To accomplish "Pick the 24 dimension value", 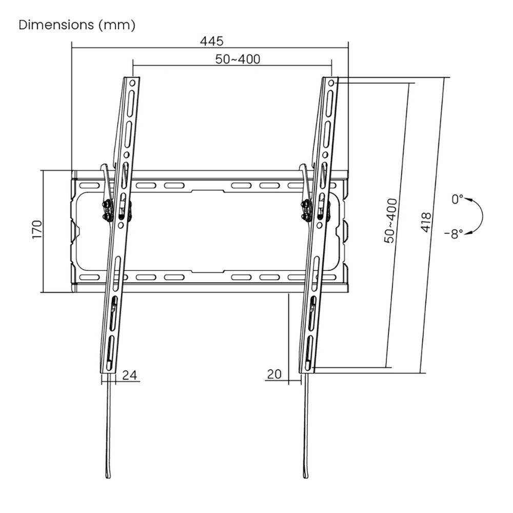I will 130,375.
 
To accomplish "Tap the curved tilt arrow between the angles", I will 480,216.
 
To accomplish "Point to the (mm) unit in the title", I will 119,25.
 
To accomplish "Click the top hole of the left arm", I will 132,83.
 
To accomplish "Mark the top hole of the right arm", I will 331,83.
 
